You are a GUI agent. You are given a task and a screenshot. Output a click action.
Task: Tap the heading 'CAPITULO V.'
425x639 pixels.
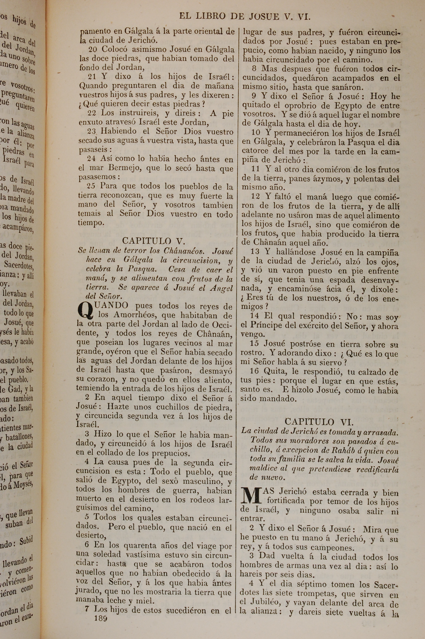153,241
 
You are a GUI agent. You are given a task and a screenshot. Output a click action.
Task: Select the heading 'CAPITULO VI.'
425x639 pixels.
319,422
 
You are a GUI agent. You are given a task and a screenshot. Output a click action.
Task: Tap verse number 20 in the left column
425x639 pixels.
93,49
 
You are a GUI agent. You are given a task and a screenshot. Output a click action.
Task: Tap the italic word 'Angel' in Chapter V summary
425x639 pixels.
221,288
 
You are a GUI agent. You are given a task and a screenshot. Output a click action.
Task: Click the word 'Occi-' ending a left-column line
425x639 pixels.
221,324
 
